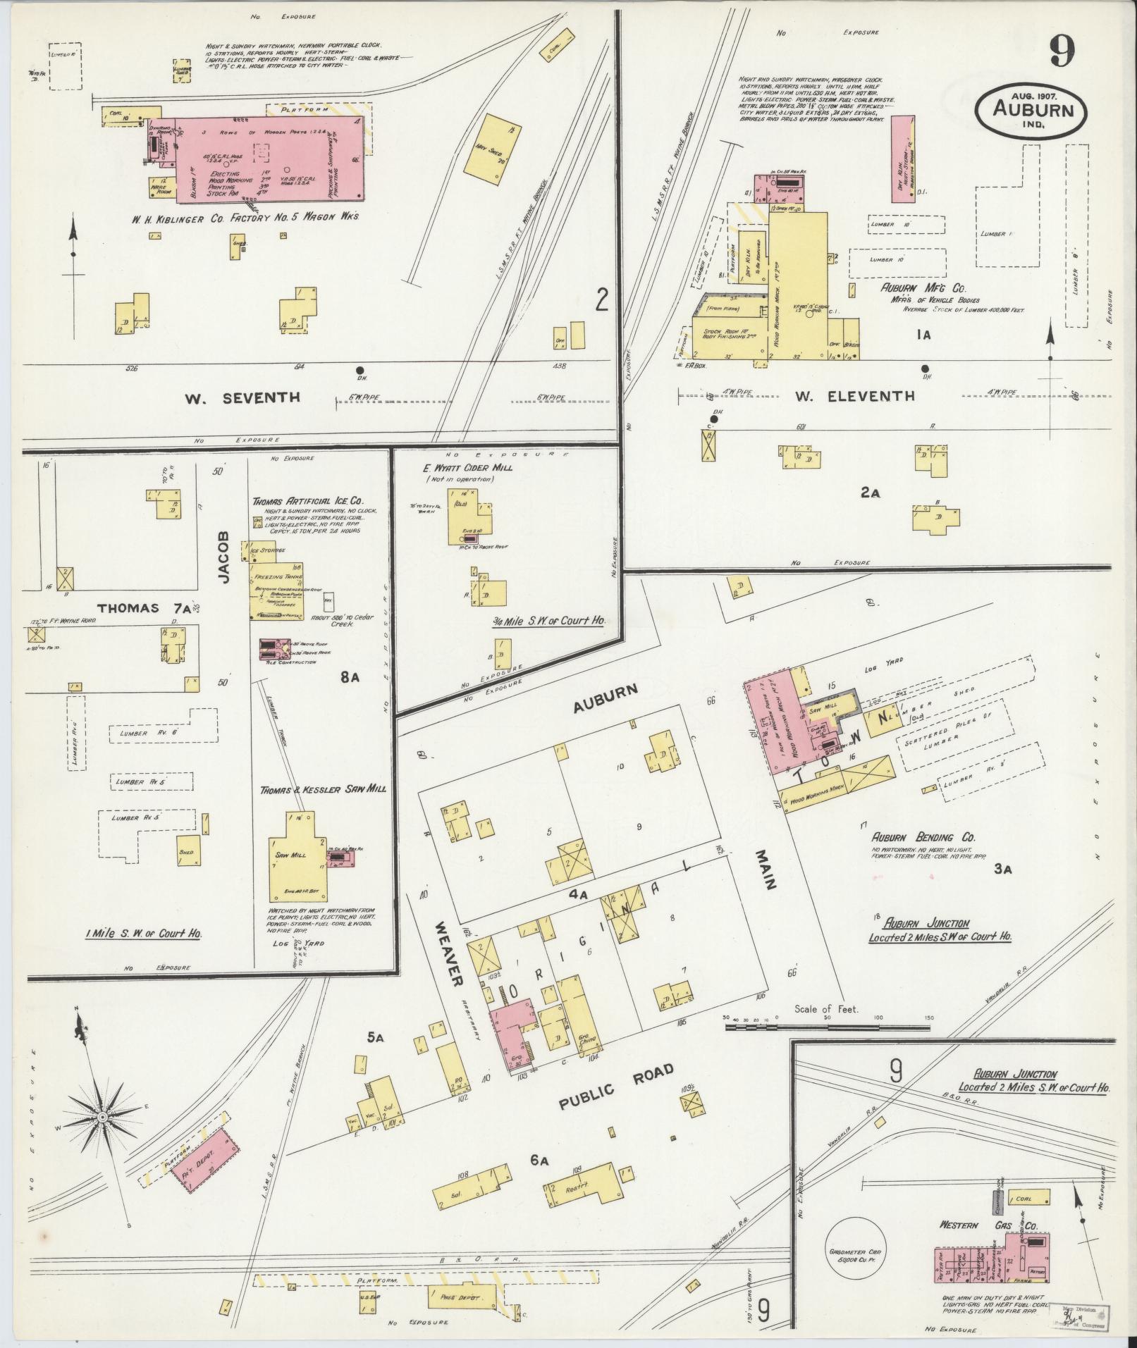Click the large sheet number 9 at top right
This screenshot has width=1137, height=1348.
pos(1062,51)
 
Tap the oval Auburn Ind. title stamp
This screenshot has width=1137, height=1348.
pos(1031,110)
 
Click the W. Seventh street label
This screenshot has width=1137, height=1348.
pos(242,398)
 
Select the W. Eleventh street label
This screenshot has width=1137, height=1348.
pos(855,396)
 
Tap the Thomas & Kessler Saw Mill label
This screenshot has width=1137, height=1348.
pos(323,790)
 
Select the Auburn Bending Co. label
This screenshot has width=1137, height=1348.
pos(923,837)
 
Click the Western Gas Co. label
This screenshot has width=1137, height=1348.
pos(988,1225)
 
